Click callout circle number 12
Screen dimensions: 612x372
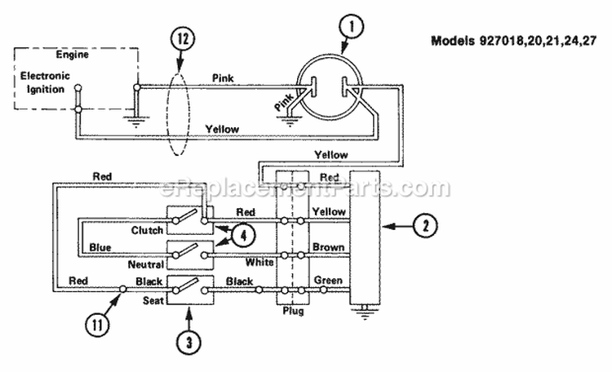(x=183, y=39)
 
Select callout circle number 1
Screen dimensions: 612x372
(x=351, y=27)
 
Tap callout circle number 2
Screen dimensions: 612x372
(x=425, y=226)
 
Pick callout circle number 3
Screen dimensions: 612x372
(x=189, y=342)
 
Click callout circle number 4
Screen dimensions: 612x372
(x=243, y=236)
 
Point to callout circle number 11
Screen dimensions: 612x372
(x=97, y=324)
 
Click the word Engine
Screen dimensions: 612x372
(x=72, y=55)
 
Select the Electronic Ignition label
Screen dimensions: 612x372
(x=45, y=82)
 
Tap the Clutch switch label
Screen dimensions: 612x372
(x=147, y=230)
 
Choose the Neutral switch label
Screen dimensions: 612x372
(x=145, y=264)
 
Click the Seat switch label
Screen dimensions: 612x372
(x=153, y=300)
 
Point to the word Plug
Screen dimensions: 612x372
(x=293, y=311)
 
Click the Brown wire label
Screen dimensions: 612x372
(x=328, y=247)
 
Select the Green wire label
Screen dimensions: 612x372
(x=328, y=281)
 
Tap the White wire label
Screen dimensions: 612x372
(x=259, y=262)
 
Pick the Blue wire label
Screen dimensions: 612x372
(x=100, y=247)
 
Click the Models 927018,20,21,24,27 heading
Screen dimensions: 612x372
(x=513, y=41)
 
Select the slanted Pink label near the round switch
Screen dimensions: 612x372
(x=284, y=101)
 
